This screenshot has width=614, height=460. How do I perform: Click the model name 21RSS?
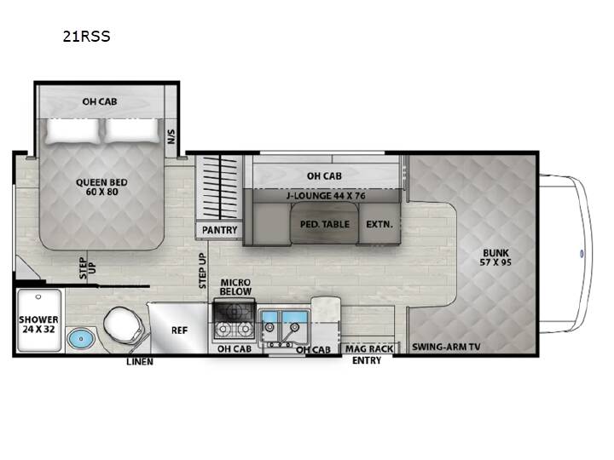click(86, 37)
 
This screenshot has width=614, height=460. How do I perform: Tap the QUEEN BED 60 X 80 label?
click(101, 187)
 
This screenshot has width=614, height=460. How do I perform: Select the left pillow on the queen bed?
click(72, 130)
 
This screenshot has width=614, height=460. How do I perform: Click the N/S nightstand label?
click(171, 136)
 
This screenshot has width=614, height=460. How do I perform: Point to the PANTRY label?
click(220, 230)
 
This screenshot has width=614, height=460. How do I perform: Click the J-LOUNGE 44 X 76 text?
click(326, 196)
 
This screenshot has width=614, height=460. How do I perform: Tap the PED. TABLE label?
click(325, 224)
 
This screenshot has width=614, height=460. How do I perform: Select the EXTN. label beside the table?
click(379, 225)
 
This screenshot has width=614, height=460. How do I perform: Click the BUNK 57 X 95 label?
click(495, 257)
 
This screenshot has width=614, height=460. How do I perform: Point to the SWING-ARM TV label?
click(446, 347)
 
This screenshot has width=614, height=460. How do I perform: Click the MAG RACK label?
click(369, 348)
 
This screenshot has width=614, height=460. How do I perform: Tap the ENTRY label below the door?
click(367, 360)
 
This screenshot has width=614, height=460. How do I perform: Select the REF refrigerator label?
click(179, 331)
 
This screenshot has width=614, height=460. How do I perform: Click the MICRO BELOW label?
click(235, 287)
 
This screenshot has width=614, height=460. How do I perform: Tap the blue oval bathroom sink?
click(81, 338)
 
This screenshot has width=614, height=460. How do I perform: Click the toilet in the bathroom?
click(123, 325)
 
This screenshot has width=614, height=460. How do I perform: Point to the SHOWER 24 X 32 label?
click(38, 325)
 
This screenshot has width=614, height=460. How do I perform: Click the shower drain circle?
click(38, 297)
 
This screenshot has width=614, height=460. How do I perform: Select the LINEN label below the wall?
click(140, 362)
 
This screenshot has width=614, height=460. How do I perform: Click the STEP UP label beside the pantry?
click(202, 271)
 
